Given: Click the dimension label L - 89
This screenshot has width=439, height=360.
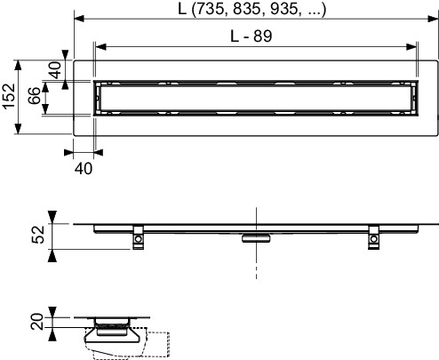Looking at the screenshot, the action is point(251,36).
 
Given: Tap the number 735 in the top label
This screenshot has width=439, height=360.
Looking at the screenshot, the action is point(211,9).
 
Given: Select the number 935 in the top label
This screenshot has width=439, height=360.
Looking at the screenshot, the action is point(283,9).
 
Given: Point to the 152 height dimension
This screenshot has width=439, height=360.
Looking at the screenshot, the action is point(9,97).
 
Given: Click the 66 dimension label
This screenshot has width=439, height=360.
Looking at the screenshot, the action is point(35,96).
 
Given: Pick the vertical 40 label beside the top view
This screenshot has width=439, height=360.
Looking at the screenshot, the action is point(55,70).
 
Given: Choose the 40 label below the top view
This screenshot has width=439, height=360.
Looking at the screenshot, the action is point(84,169).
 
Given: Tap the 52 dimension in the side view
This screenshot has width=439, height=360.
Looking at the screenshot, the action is point(38,235).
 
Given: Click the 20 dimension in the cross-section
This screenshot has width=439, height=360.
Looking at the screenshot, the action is point(37,322).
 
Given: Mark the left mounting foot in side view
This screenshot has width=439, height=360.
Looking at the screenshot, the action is point(138,237).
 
